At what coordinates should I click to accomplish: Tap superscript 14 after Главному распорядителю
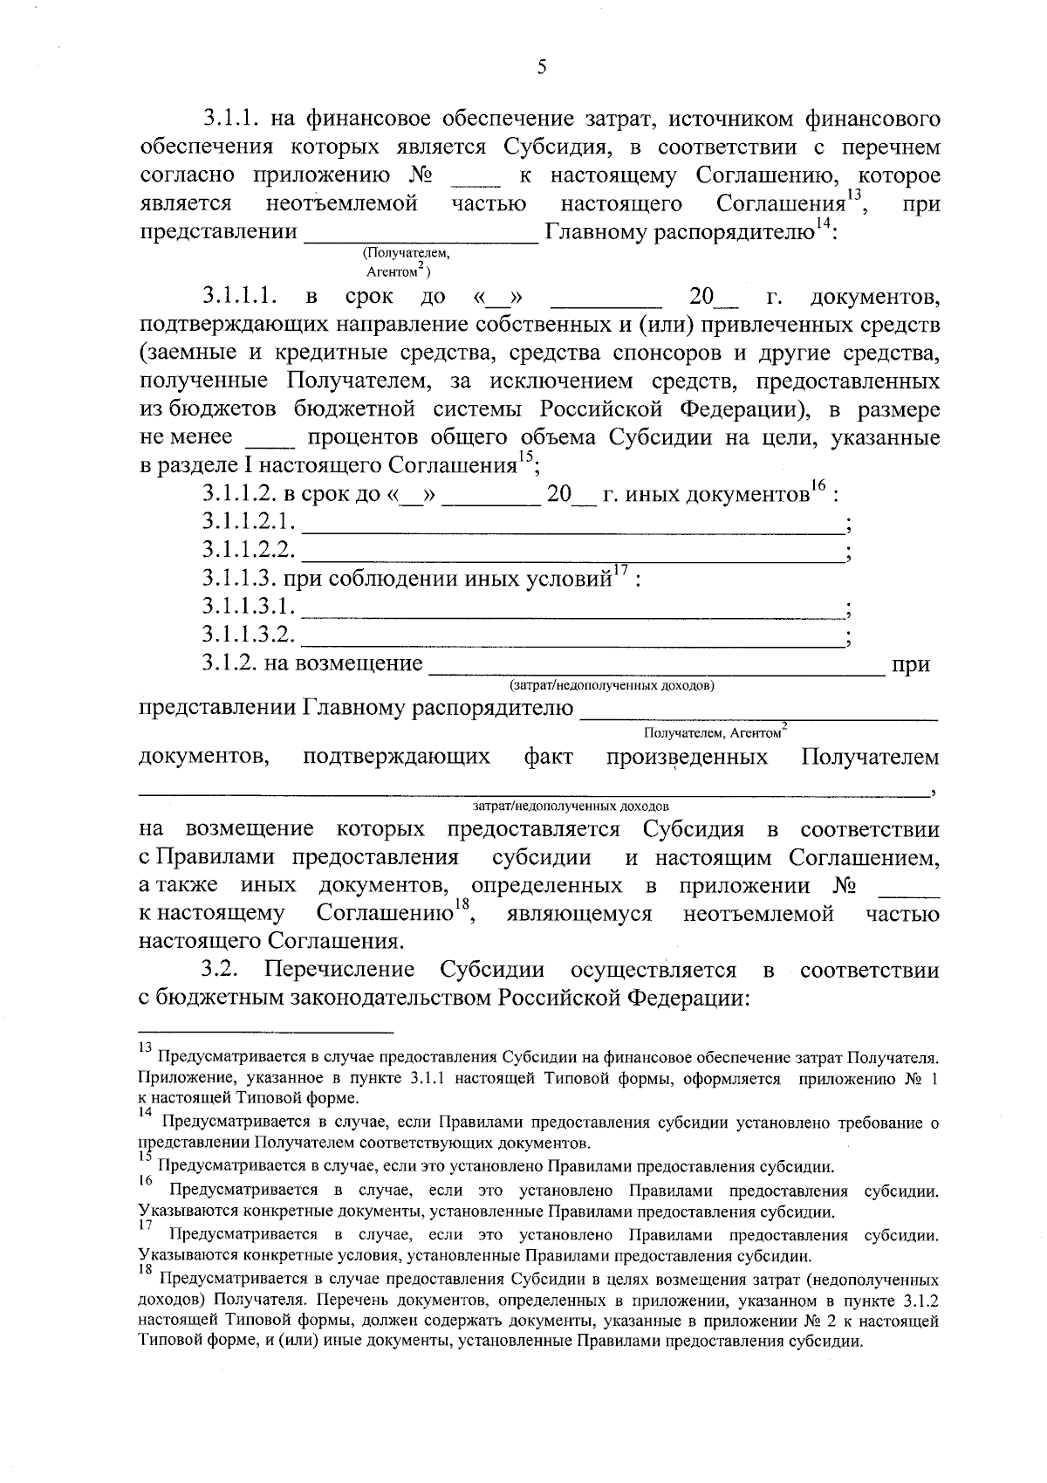click(x=823, y=226)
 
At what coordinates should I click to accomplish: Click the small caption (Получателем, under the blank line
click(x=406, y=253)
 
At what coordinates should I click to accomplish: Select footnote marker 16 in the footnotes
click(x=145, y=1180)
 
